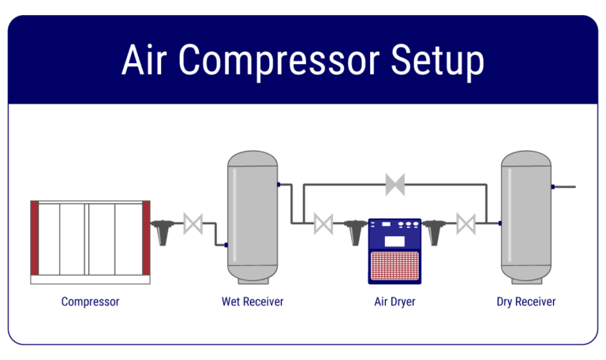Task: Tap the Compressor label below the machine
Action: click(x=90, y=302)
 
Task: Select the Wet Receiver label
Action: click(x=252, y=302)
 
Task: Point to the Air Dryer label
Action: click(x=395, y=302)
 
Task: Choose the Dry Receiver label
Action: click(x=526, y=302)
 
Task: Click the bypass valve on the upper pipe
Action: click(x=395, y=185)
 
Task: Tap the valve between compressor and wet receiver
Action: click(x=193, y=224)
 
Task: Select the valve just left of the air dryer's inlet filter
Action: click(x=323, y=224)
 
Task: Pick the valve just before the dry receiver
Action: click(x=466, y=224)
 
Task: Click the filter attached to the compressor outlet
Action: click(x=163, y=231)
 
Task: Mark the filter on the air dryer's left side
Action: click(x=354, y=231)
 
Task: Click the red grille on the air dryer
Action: click(x=395, y=264)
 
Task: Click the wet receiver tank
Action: click(x=252, y=217)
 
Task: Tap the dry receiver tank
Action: click(x=526, y=217)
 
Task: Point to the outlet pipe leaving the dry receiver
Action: click(x=565, y=187)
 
